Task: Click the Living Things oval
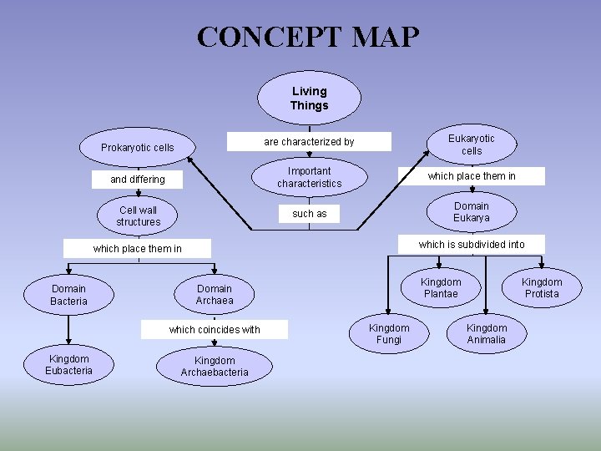coord(309,99)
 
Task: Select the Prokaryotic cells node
coord(138,148)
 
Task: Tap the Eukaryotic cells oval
coord(471,144)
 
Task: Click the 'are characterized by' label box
coord(309,142)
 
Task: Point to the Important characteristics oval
coord(309,177)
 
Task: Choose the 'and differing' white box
coord(138,180)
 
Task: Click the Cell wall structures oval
coord(138,215)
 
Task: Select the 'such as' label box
coord(309,214)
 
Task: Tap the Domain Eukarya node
coord(471,212)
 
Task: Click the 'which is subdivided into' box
coord(472,244)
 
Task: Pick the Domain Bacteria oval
coord(68,295)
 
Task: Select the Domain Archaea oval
coord(215,295)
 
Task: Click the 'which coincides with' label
coord(215,330)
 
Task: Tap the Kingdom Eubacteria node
coord(68,365)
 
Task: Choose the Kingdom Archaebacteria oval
coord(215,367)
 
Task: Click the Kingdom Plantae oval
coord(440,288)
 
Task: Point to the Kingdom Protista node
coord(542,288)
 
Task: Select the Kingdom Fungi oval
coord(389,334)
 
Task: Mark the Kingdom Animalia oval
coord(486,334)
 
